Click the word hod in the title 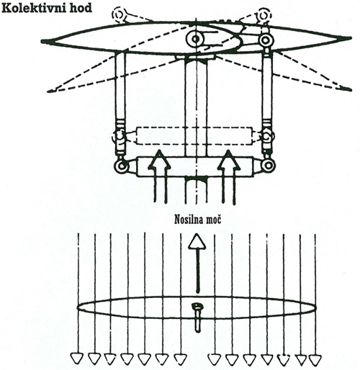(x=80, y=8)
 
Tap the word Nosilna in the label (x=187, y=220)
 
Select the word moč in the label (x=212, y=220)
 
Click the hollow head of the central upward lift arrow (x=197, y=242)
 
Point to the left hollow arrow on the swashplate (x=159, y=177)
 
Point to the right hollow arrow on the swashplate (x=229, y=177)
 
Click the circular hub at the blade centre (x=196, y=39)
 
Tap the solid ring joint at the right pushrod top (x=266, y=40)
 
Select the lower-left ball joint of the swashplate (x=121, y=166)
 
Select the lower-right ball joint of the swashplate (x=269, y=166)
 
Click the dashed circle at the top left (x=118, y=15)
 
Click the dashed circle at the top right (x=264, y=16)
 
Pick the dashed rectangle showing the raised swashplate (x=194, y=136)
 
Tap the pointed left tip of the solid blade (x=42, y=42)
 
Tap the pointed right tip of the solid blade (x=350, y=38)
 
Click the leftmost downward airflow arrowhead (x=76, y=358)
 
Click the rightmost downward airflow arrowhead (x=315, y=359)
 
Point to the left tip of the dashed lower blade (x=49, y=91)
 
